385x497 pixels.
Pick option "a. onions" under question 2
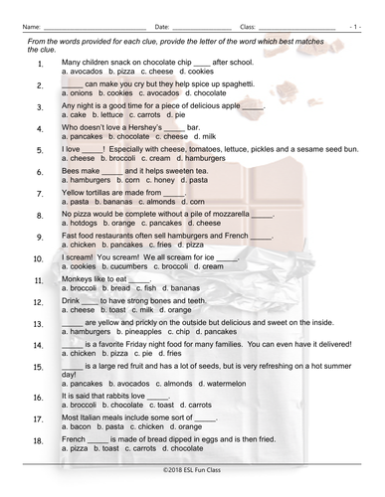(77, 92)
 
